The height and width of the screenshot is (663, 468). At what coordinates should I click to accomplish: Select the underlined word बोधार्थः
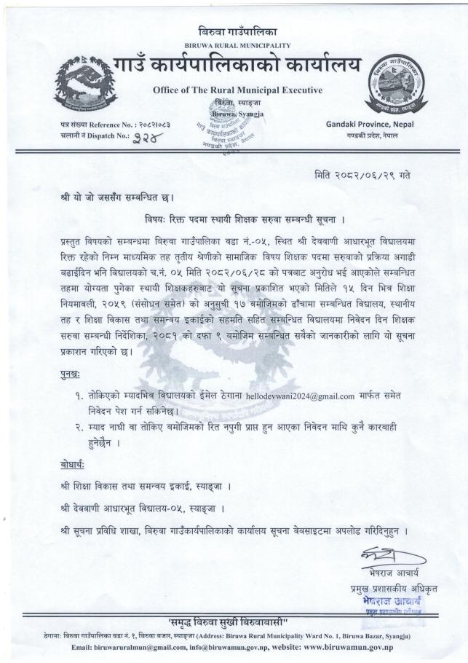[x=75, y=465]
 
